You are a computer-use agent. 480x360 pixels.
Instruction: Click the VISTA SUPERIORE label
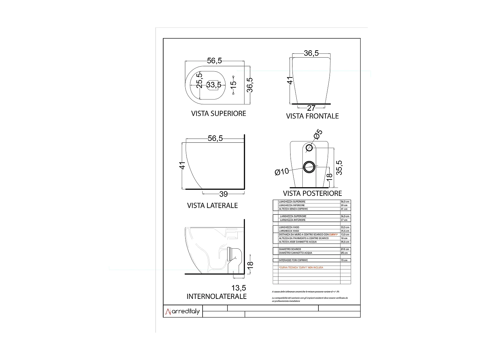(x=219, y=114)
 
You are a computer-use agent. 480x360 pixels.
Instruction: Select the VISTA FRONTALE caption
(x=312, y=116)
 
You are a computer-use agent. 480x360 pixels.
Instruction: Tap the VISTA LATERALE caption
(x=212, y=205)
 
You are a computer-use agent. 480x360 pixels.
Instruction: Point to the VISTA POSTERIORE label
(x=312, y=193)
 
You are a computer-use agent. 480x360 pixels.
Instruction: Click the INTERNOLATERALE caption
(x=217, y=297)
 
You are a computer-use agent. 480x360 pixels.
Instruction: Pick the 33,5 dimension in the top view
(x=214, y=85)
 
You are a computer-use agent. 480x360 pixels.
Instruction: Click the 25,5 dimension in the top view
(x=199, y=80)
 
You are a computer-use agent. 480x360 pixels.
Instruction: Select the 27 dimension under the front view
(x=311, y=108)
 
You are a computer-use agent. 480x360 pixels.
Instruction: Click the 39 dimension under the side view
(x=223, y=194)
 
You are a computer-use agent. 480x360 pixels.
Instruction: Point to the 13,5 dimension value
(x=239, y=288)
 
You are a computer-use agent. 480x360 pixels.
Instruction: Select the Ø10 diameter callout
(x=282, y=172)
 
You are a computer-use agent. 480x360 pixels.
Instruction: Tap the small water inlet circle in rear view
(x=309, y=148)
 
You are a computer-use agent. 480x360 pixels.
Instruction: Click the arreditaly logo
(x=183, y=311)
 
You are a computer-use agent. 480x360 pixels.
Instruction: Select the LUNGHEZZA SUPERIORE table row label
(x=292, y=202)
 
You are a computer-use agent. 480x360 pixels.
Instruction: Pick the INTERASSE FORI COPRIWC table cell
(x=293, y=260)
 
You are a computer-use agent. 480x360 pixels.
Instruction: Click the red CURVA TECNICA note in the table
(x=301, y=268)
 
